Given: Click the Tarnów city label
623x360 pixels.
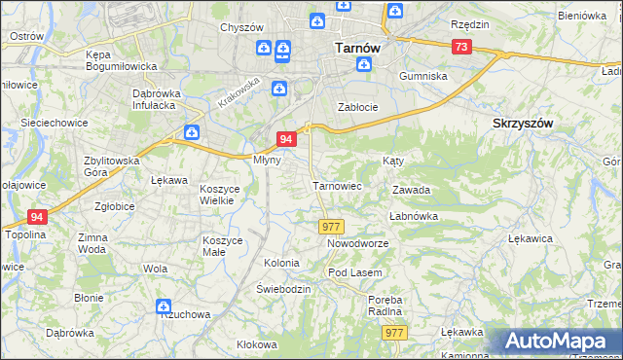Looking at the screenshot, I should [356, 46].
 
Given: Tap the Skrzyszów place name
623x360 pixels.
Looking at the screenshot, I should [524, 124].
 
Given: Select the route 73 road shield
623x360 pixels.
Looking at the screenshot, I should [462, 47].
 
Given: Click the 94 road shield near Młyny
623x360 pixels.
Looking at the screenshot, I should [286, 140].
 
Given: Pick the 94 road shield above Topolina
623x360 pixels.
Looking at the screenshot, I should [37, 217].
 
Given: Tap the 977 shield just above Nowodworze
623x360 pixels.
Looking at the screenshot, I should [330, 226].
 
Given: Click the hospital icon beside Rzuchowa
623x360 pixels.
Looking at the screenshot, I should [163, 307].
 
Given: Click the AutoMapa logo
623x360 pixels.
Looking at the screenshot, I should [558, 342].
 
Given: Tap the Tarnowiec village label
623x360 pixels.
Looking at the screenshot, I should [337, 185].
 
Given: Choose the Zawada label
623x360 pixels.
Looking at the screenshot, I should [411, 191].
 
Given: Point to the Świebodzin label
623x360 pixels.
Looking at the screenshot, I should [283, 290].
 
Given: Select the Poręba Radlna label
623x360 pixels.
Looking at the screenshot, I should [385, 306].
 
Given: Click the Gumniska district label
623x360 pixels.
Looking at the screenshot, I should [422, 75].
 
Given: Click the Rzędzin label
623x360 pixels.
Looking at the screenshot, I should [469, 22].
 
